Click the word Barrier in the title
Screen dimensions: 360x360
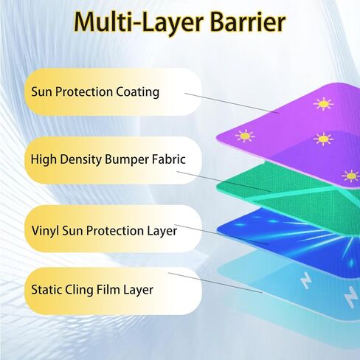click(248, 22)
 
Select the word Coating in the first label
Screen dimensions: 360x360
click(138, 92)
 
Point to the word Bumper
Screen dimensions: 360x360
click(127, 160)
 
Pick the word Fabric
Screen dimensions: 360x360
click(168, 159)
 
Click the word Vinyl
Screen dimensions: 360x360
click(45, 232)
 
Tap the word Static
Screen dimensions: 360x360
click(46, 289)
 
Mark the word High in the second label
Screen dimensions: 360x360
click(44, 159)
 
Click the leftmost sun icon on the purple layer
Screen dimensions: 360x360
click(245, 136)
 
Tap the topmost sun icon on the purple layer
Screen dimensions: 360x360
click(324, 104)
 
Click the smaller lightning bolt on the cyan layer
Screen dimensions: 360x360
click(306, 280)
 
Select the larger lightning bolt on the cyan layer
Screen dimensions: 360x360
click(350, 297)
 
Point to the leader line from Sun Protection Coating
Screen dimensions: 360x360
click(232, 103)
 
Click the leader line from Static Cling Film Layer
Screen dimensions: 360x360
click(215, 283)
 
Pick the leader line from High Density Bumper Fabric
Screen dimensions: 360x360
click(224, 181)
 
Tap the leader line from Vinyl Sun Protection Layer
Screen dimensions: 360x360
click(221, 235)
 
